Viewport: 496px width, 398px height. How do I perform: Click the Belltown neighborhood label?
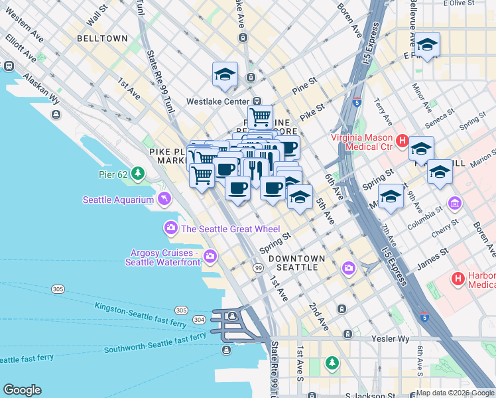click(102, 38)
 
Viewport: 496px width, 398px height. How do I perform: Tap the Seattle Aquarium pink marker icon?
click(164, 199)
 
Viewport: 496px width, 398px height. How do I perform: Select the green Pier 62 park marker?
click(137, 174)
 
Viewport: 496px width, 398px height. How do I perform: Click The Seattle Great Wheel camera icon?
click(172, 229)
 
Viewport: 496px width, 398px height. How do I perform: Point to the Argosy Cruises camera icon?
click(210, 256)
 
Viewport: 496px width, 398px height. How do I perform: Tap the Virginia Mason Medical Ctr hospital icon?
click(402, 140)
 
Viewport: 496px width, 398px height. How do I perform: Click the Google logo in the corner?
click(22, 390)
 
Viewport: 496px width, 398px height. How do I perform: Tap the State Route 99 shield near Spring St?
click(258, 267)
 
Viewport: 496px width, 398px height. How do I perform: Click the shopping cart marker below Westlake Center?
click(261, 117)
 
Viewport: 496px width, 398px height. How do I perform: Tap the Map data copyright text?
click(454, 393)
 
